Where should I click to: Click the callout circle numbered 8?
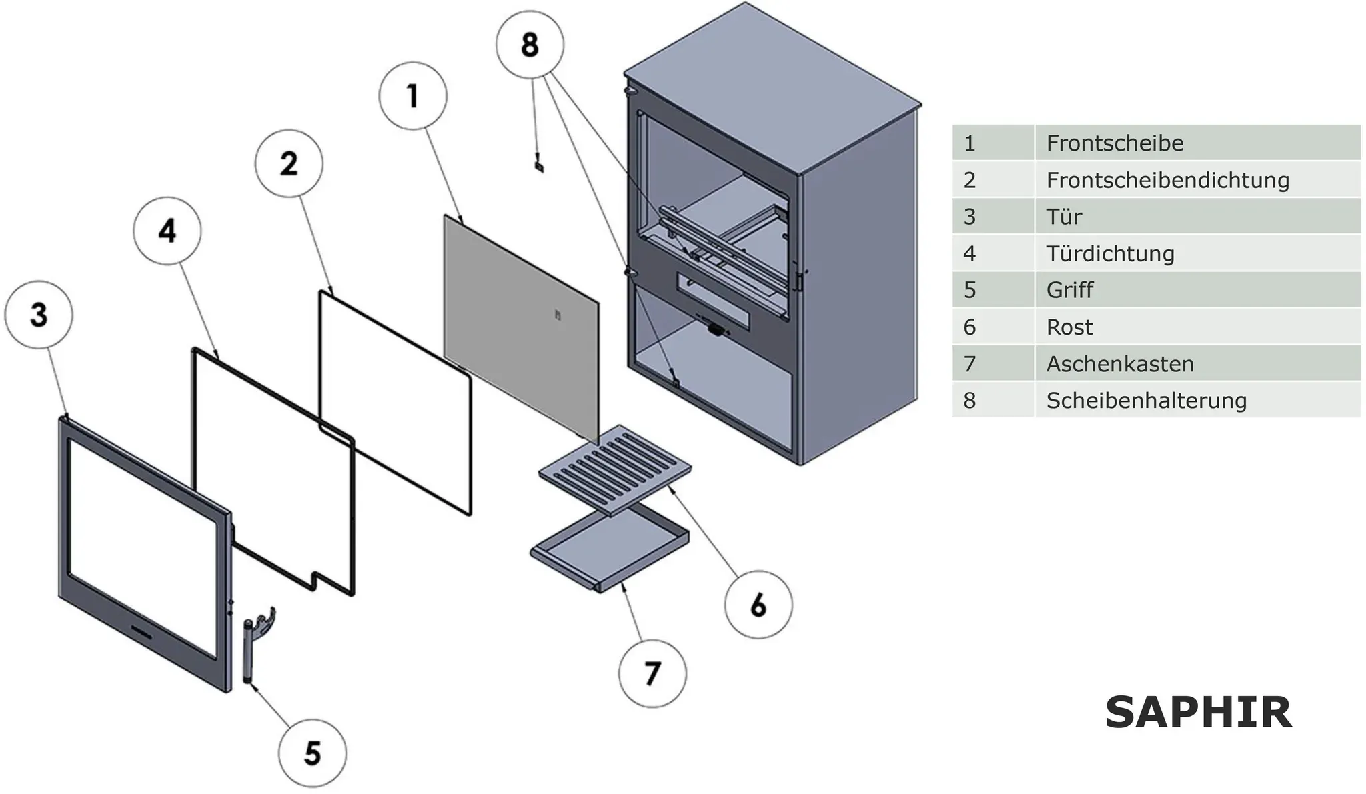click(x=530, y=44)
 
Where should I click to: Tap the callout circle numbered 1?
click(x=413, y=95)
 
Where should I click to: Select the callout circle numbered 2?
click(x=289, y=163)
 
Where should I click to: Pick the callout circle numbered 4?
click(x=167, y=231)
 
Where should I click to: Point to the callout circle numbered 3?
click(x=39, y=315)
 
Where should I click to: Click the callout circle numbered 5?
click(x=312, y=753)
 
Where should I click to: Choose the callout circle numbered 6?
click(x=758, y=604)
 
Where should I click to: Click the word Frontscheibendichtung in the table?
click(x=1167, y=180)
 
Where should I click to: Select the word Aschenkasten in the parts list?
click(x=1120, y=364)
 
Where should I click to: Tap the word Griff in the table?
click(x=1070, y=290)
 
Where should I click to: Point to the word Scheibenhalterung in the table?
click(x=1146, y=401)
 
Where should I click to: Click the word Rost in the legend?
click(x=1069, y=327)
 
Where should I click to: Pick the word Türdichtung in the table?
click(x=1110, y=253)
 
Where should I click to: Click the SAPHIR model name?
click(x=1199, y=713)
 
